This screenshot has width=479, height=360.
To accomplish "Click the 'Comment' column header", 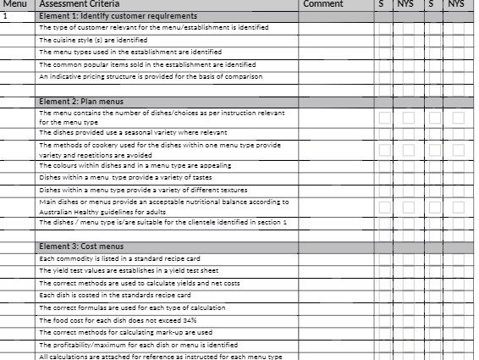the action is (322, 4).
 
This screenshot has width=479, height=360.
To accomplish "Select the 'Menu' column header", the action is (15, 4).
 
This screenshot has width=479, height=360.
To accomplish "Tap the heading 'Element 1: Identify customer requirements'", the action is (118, 16).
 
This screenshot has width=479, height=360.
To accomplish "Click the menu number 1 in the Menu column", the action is (6, 16).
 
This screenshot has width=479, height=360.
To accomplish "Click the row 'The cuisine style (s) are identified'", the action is (93, 40).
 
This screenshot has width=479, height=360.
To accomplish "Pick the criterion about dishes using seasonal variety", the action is (133, 133).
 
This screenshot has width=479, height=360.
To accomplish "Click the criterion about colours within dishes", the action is (135, 166).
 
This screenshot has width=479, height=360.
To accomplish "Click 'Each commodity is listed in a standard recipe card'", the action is (119, 258).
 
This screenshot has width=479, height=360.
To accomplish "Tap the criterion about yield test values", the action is (123, 270).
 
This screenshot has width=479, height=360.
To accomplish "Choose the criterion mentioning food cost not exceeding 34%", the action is (118, 320).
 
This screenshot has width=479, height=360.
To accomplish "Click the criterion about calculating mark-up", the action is (125, 333).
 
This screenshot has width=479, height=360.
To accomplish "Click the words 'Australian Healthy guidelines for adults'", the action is (91, 211).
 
